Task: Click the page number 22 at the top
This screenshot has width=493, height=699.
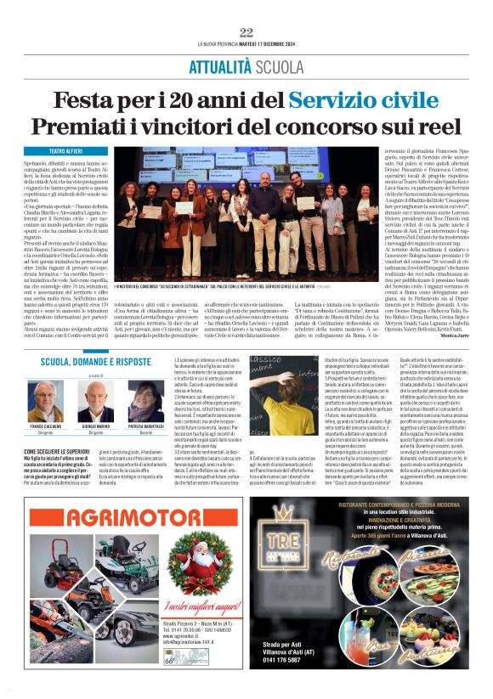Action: (246, 32)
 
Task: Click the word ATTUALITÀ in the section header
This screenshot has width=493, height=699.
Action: (219, 66)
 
